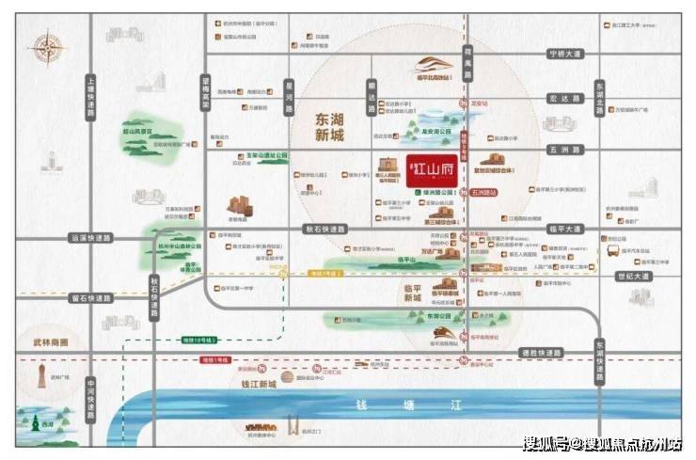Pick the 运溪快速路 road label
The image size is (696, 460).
pos(91,238)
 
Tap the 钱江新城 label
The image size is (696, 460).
pos(254,385)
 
